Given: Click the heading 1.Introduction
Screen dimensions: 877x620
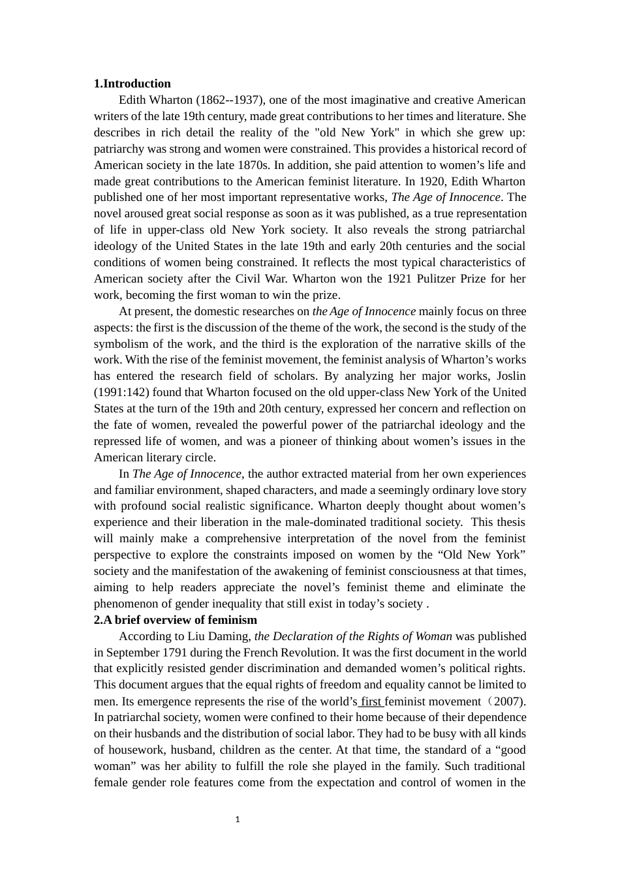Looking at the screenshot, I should coord(132,84).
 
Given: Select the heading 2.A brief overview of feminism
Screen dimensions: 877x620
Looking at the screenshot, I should coord(176,620).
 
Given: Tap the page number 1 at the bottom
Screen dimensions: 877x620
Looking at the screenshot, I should coord(238,820).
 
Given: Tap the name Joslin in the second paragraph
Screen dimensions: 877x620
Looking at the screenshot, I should coord(511,376).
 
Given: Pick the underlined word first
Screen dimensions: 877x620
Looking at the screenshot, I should coord(371,701).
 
